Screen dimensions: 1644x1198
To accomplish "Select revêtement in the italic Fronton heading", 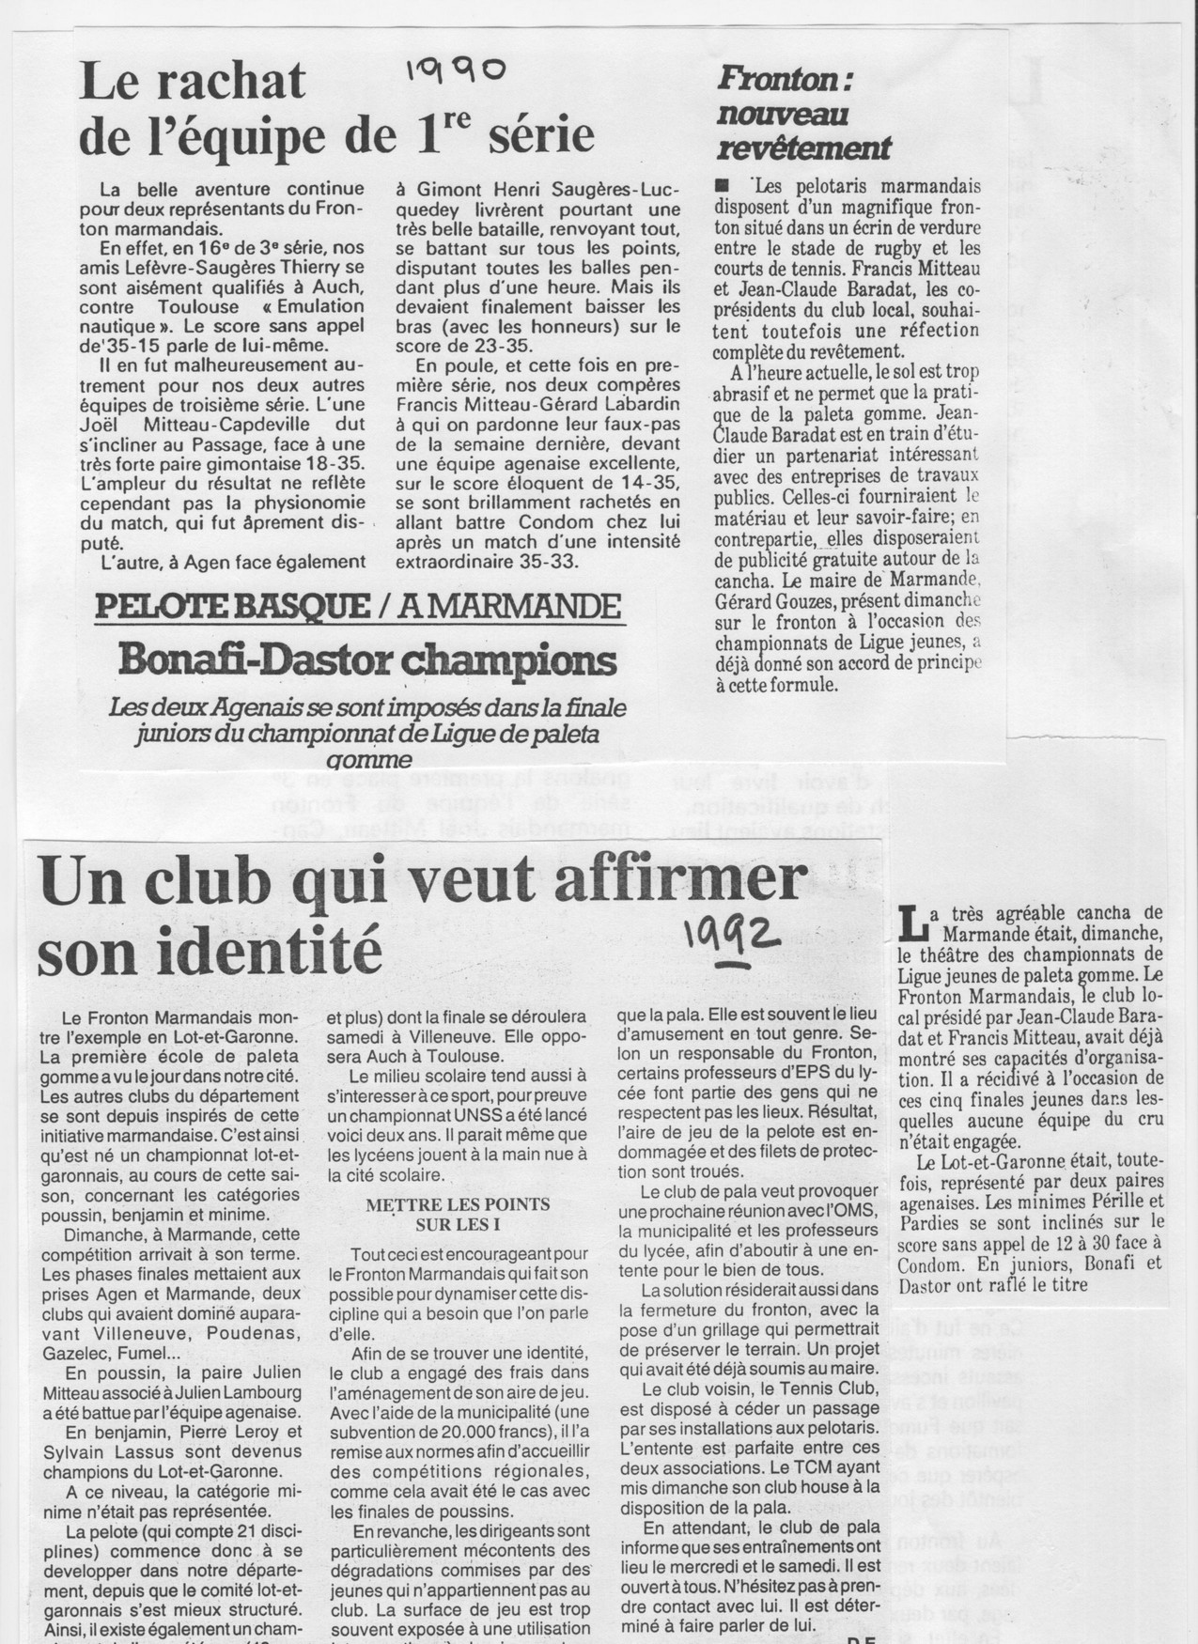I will click(803, 147).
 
